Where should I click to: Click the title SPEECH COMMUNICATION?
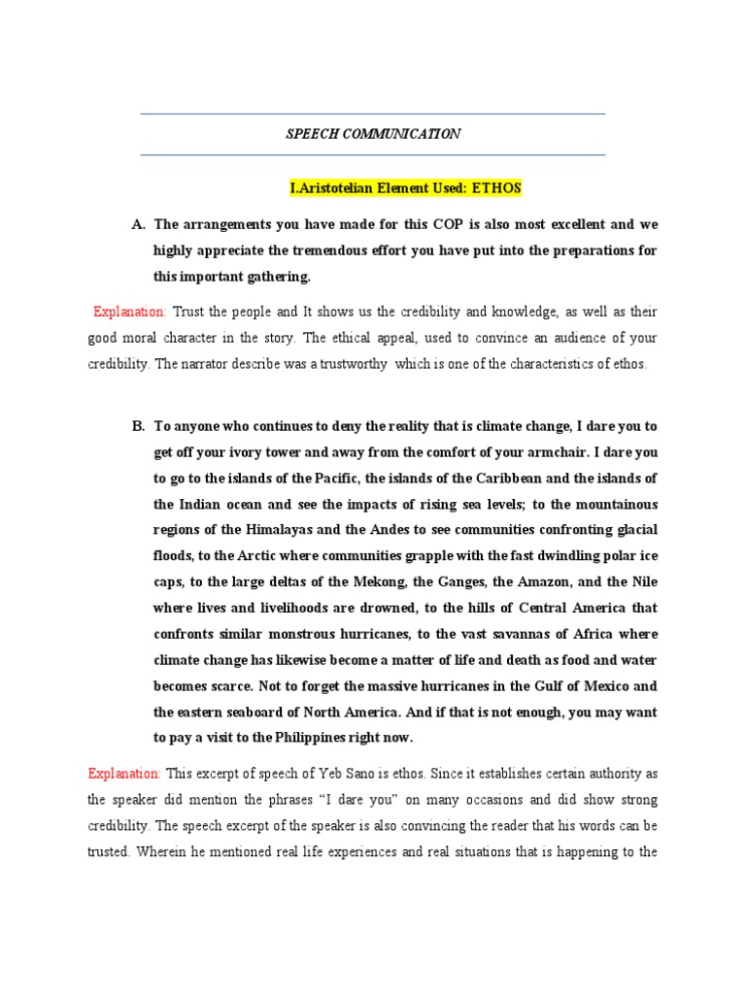[x=373, y=134]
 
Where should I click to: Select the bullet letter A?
[x=137, y=224]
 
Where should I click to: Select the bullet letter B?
[x=137, y=425]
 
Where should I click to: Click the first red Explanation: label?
[x=129, y=312]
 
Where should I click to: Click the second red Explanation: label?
[x=124, y=773]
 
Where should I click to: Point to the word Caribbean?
[x=487, y=478]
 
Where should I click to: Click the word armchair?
[x=528, y=451]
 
